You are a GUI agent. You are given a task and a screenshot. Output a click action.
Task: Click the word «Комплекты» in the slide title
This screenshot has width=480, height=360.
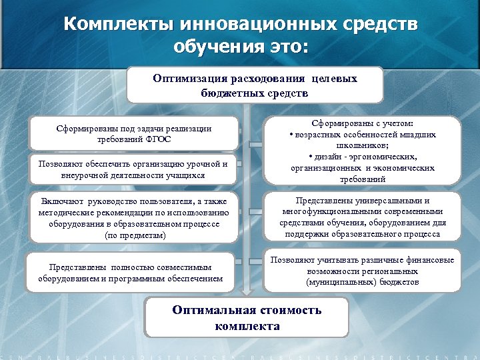[117, 25]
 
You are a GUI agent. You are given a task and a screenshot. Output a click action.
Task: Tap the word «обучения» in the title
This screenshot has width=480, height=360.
[215, 47]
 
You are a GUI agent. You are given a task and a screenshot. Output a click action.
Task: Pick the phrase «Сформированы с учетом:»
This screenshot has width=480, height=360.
[362, 124]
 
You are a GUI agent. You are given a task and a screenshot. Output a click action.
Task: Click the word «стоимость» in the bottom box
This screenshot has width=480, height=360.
[285, 311]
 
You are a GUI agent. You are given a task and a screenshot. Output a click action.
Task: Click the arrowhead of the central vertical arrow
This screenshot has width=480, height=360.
[247, 291]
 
